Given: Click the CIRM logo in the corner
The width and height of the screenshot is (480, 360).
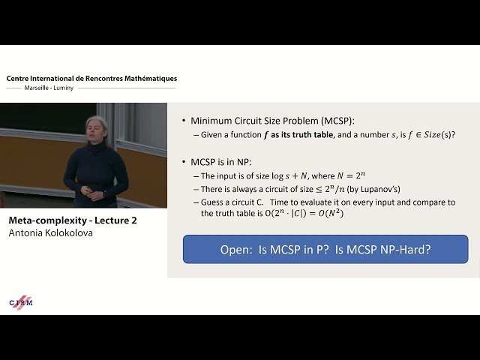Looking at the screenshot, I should point(21,301).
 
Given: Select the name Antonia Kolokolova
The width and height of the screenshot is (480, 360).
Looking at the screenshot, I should point(51,232).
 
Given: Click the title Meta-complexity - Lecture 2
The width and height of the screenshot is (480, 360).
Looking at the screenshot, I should point(72,220).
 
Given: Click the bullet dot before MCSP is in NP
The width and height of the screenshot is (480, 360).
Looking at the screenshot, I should point(184,162).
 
